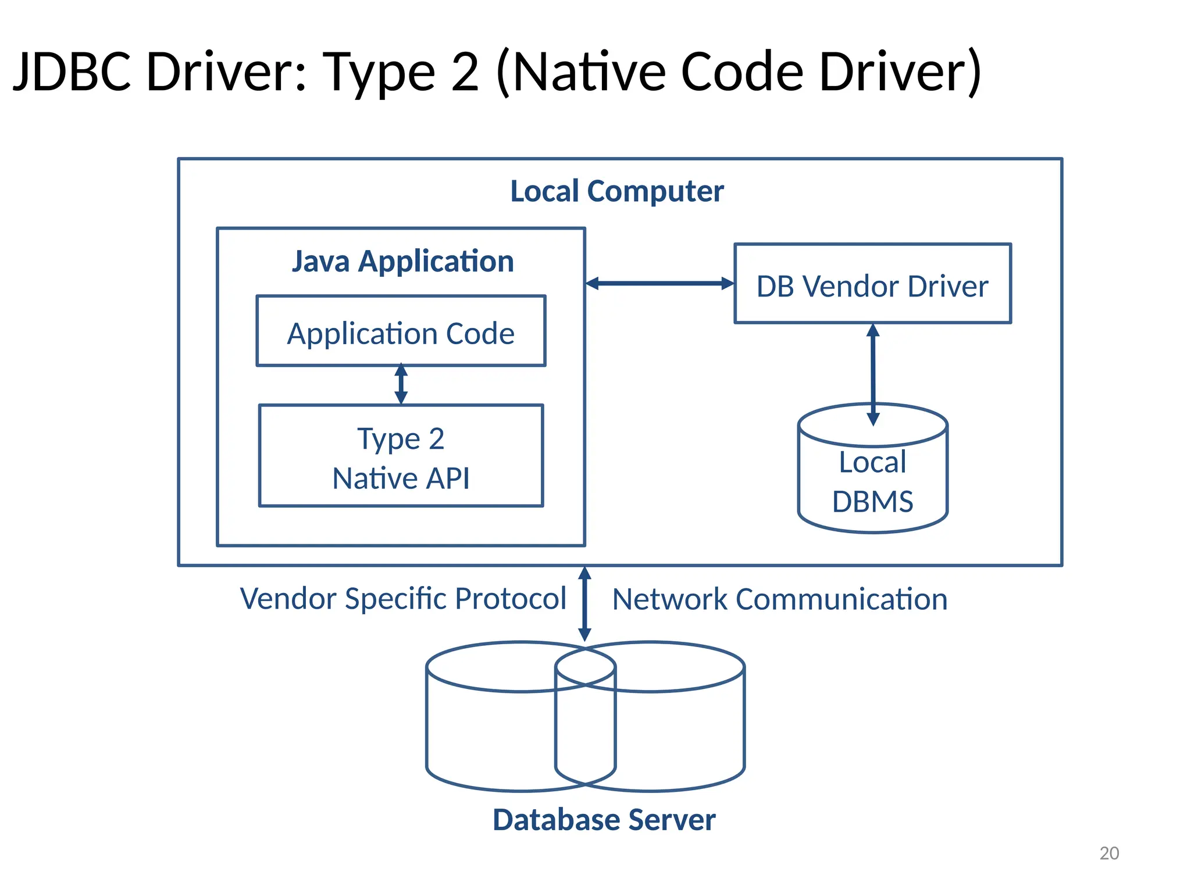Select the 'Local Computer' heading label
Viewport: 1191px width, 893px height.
pos(617,191)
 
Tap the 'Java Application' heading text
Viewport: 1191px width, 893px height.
pos(402,261)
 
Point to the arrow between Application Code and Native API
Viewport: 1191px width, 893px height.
pos(401,384)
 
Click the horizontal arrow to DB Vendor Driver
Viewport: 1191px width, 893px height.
pos(659,283)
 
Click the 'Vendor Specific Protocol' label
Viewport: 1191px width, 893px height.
pos(403,599)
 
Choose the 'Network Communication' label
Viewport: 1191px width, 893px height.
pos(779,599)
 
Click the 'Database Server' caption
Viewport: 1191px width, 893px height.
pos(604,820)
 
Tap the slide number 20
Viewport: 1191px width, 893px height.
pos(1109,853)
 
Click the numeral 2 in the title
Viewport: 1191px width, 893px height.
pos(464,72)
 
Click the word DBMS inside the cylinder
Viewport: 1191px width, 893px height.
pos(872,502)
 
